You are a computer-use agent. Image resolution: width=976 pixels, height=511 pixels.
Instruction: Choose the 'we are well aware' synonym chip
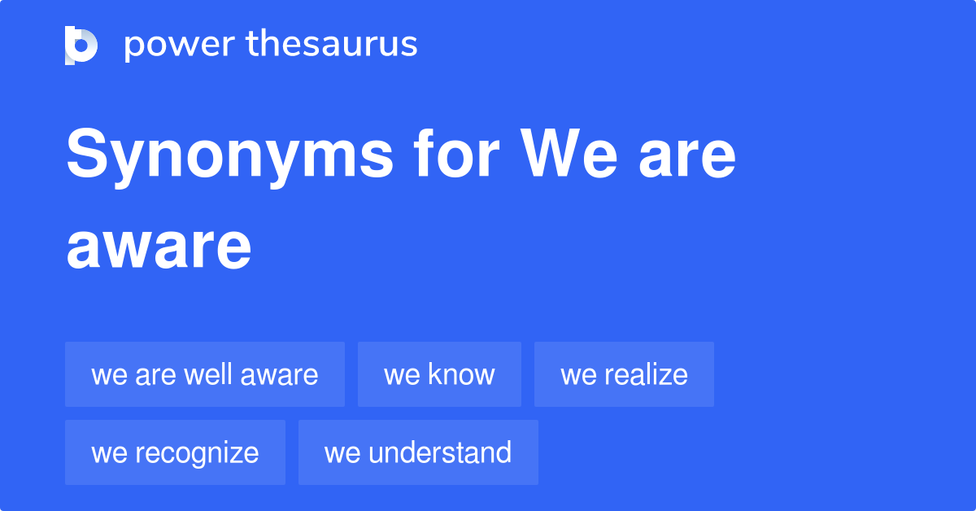(x=205, y=374)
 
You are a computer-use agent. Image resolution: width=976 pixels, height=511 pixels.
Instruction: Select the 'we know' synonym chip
(x=439, y=374)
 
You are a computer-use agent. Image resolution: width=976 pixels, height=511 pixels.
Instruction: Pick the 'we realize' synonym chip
(x=624, y=374)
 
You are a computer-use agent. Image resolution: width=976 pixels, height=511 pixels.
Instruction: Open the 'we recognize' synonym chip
(x=175, y=452)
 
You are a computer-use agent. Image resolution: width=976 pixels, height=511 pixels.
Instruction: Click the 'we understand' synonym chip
(x=418, y=452)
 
